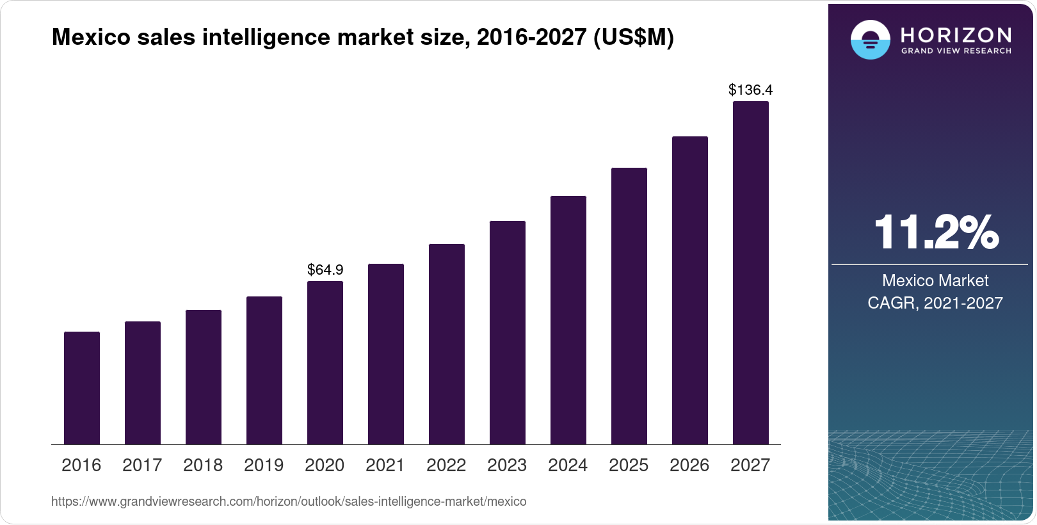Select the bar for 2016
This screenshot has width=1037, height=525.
[82, 388]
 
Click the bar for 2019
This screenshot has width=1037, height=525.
[264, 370]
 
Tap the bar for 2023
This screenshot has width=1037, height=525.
[508, 332]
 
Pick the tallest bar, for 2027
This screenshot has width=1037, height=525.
[751, 273]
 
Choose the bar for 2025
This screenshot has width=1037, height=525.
[629, 306]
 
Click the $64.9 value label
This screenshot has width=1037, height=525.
[325, 270]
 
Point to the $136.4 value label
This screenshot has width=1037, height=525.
[750, 90]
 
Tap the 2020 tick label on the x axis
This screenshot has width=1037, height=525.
[325, 465]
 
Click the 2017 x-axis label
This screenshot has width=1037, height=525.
[142, 465]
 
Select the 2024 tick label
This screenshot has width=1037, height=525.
[568, 465]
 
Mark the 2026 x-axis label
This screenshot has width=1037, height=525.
[689, 465]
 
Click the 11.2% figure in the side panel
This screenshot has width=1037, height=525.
[935, 232]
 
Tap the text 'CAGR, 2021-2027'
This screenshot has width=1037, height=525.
[935, 303]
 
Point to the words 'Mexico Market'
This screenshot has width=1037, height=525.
[935, 280]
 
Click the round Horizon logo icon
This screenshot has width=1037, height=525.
[870, 40]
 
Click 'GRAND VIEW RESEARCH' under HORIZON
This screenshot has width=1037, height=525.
[956, 51]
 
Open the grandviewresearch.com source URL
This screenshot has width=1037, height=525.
[289, 502]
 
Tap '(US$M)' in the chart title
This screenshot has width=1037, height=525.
[634, 37]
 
